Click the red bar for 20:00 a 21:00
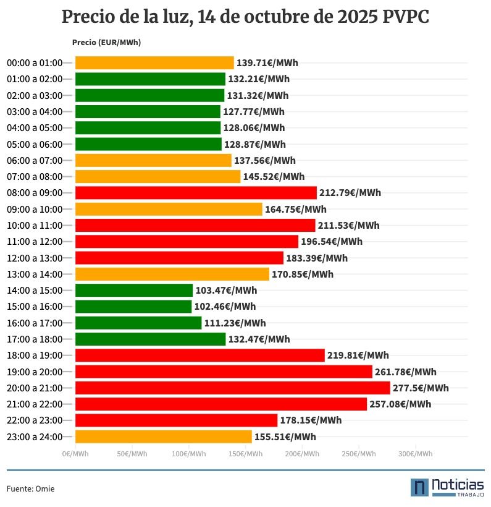232,388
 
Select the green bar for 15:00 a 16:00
133,307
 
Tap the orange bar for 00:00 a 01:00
154,62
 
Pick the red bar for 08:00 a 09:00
196,192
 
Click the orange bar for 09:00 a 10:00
169,209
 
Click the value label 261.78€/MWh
405,372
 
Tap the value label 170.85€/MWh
303,274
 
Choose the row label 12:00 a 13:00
35,258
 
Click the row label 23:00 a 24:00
35,437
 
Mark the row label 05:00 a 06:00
35,144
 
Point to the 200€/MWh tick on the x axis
302,454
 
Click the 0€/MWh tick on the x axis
75,454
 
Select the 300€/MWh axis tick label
415,454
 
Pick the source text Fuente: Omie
30,489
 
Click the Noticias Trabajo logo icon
419,487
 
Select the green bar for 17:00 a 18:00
150,339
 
